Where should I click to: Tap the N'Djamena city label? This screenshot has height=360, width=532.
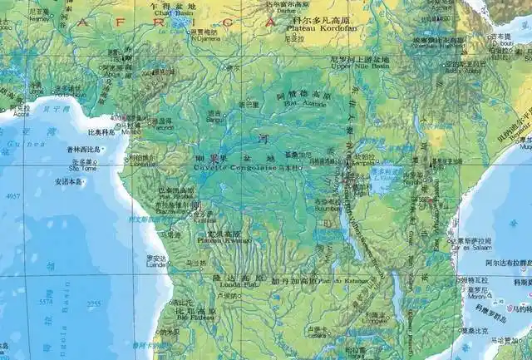[x=205, y=38]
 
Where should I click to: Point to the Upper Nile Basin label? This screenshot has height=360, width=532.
[x=358, y=67]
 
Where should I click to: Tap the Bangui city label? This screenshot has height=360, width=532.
[x=214, y=120]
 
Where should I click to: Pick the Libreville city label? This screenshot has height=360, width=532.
[x=139, y=164]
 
